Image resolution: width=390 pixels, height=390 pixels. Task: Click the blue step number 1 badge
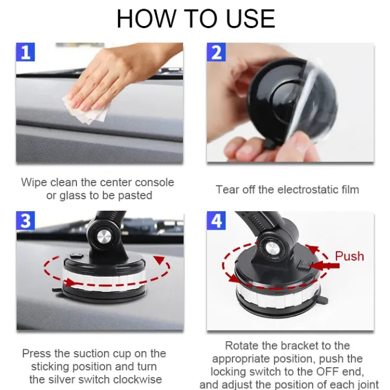point(25,52)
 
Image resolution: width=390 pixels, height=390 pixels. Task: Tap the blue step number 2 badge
point(216,52)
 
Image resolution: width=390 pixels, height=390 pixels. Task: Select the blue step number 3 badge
point(25,220)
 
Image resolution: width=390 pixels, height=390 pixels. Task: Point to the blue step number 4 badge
point(216,220)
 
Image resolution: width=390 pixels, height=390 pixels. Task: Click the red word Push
point(349,256)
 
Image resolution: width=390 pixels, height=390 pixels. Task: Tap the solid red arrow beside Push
point(324,265)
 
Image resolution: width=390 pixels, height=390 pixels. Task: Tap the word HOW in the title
point(146,19)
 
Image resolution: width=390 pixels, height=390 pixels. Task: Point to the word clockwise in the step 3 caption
point(138,380)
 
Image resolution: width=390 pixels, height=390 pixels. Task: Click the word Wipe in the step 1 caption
point(34,183)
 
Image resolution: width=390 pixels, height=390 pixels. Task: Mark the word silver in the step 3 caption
point(63,380)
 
